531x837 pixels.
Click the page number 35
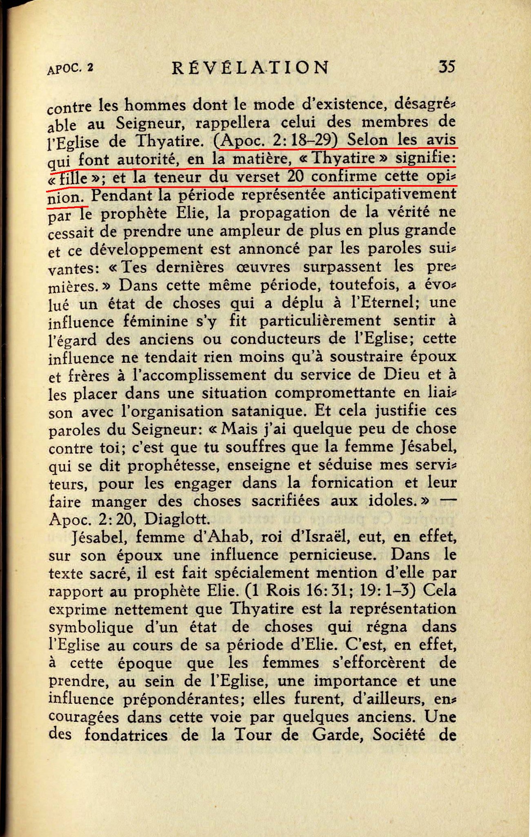(446, 66)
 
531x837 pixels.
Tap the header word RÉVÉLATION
(250, 67)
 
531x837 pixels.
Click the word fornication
(352, 483)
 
